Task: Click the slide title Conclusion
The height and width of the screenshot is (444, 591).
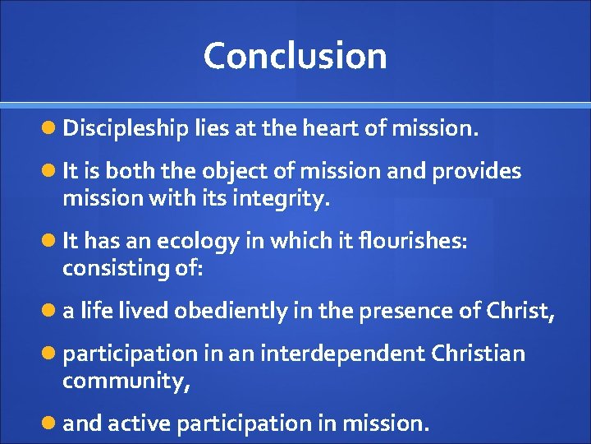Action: coord(295,56)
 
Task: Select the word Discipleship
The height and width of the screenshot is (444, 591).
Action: coord(126,129)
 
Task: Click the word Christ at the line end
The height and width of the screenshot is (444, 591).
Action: coord(522,311)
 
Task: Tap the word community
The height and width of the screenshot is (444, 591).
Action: coord(126,381)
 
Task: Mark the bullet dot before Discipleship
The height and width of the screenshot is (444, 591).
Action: coord(52,129)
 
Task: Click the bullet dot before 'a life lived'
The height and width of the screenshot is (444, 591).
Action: coord(52,312)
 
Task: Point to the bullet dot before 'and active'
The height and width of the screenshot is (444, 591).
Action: coord(52,423)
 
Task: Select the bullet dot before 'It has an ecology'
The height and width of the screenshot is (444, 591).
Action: coord(52,242)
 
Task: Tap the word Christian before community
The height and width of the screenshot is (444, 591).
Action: coord(476,354)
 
